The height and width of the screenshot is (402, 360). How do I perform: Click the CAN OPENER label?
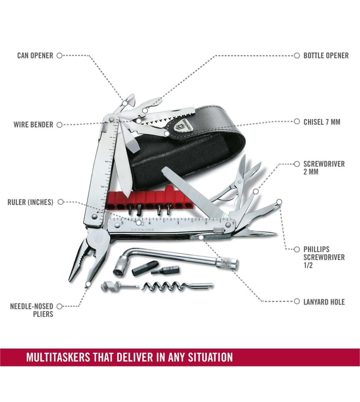click(35, 55)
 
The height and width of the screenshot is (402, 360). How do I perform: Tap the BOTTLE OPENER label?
click(326, 55)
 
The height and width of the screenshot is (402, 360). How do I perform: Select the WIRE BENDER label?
click(33, 125)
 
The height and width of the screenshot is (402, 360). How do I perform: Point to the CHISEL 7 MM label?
click(322, 122)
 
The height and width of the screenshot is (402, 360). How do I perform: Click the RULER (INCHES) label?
click(31, 202)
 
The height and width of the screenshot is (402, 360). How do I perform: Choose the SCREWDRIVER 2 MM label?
click(324, 168)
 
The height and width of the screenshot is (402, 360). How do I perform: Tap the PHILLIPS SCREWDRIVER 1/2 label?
click(324, 257)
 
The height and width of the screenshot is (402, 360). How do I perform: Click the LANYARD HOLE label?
click(324, 302)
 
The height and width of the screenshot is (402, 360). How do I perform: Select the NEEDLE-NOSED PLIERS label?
click(32, 310)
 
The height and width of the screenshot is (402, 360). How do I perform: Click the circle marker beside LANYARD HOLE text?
click(297, 301)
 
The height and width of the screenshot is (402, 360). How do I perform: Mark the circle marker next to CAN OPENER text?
click(60, 55)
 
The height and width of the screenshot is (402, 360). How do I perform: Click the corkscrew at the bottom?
click(177, 285)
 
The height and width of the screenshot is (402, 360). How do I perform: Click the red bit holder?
click(150, 199)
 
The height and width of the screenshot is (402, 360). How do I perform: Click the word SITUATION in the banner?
click(211, 357)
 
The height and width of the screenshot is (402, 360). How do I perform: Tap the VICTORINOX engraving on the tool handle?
click(143, 230)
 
